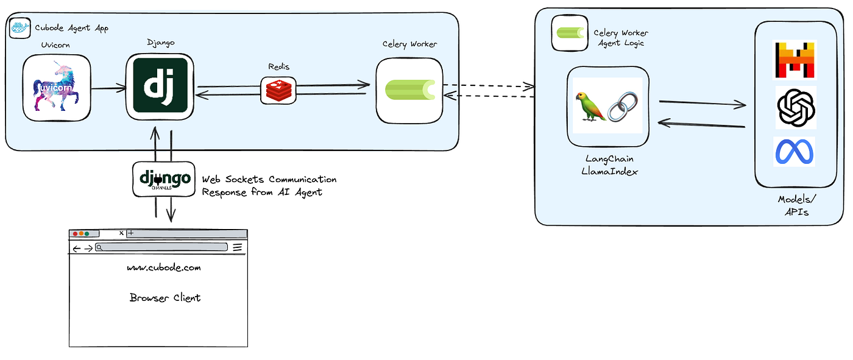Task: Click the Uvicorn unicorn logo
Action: (57, 87)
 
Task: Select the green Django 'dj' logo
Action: (160, 86)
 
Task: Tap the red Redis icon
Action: (279, 91)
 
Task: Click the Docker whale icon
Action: (19, 28)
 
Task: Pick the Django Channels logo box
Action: (164, 179)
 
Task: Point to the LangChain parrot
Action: (590, 106)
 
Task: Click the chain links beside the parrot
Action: (622, 107)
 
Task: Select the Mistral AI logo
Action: (795, 60)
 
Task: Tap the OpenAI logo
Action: (796, 108)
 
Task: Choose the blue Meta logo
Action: (795, 152)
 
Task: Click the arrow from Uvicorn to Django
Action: (109, 89)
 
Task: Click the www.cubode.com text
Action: (164, 267)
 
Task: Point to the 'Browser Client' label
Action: (165, 298)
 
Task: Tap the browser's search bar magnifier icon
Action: (99, 248)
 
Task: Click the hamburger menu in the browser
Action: (237, 248)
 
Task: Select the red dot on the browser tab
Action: (75, 234)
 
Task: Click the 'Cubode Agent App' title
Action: (72, 28)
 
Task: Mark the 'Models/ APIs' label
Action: (797, 205)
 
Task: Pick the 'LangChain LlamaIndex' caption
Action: (609, 165)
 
